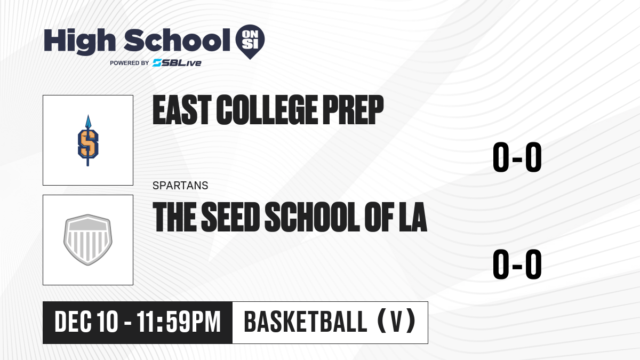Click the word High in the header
pyautogui.click(x=80, y=42)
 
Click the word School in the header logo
pyautogui.click(x=177, y=41)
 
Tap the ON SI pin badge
pyautogui.click(x=250, y=42)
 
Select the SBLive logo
pyautogui.click(x=177, y=63)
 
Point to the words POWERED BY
pyautogui.click(x=130, y=63)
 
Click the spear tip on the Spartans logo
pyautogui.click(x=88, y=121)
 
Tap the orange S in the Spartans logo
pyautogui.click(x=88, y=143)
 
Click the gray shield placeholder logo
pyautogui.click(x=88, y=240)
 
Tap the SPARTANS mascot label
pyautogui.click(x=180, y=186)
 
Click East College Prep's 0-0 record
pyautogui.click(x=517, y=157)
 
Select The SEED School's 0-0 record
pyautogui.click(x=517, y=265)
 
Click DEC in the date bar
pyautogui.click(x=73, y=322)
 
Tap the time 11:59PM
pyautogui.click(x=179, y=322)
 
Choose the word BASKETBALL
pyautogui.click(x=306, y=322)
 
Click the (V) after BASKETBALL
pyautogui.click(x=397, y=321)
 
